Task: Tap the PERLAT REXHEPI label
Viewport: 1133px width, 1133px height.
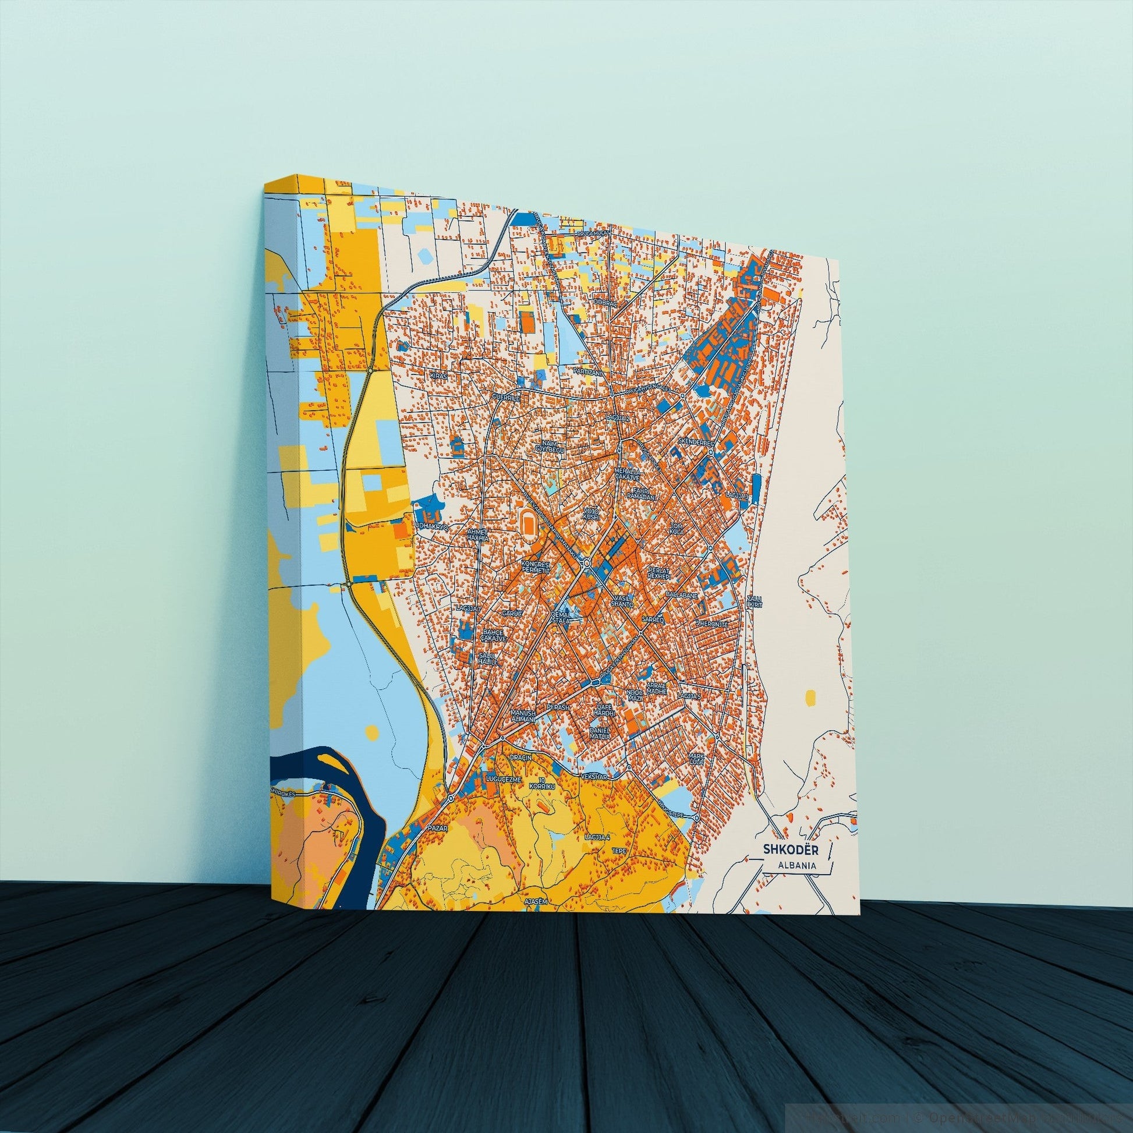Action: click(x=658, y=572)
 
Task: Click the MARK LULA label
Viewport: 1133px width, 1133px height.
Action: click(x=696, y=759)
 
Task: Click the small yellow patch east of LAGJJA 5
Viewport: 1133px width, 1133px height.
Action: click(x=810, y=697)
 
